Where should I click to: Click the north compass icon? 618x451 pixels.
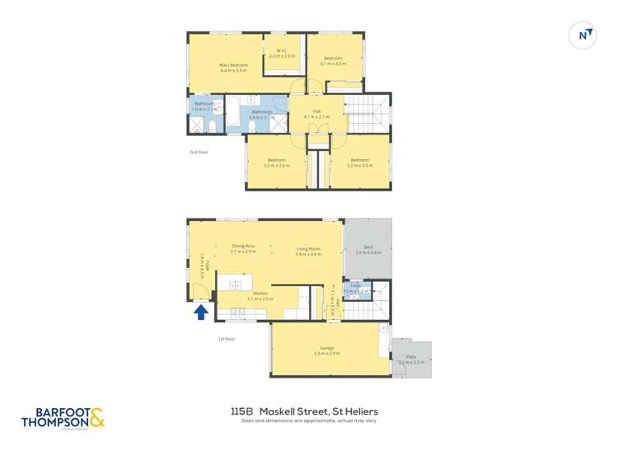pyautogui.click(x=583, y=35)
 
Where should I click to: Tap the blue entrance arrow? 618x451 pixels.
pyautogui.click(x=200, y=312)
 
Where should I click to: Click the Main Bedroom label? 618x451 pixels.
pyautogui.click(x=234, y=67)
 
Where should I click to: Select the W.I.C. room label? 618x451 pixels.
pyautogui.click(x=282, y=53)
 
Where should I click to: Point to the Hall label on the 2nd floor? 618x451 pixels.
pyautogui.click(x=316, y=113)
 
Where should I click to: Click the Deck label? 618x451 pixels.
pyautogui.click(x=368, y=249)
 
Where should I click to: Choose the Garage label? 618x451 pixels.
pyautogui.click(x=327, y=350)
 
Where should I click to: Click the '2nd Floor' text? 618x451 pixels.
pyautogui.click(x=199, y=153)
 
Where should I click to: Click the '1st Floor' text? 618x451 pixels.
pyautogui.click(x=227, y=339)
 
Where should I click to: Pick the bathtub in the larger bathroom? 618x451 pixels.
pyautogui.click(x=232, y=110)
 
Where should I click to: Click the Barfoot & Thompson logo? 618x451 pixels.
pyautogui.click(x=63, y=418)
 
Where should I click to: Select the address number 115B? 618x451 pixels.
pyautogui.click(x=241, y=411)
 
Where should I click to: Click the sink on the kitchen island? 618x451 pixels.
pyautogui.click(x=236, y=284)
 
